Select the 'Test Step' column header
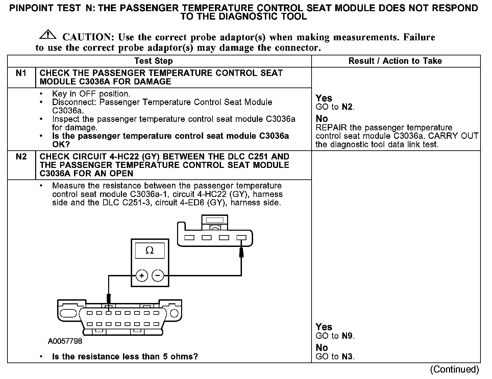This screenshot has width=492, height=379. [153, 61]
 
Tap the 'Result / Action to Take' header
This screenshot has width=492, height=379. [395, 61]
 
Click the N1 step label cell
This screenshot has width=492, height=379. [21, 73]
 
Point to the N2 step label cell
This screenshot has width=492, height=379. [21, 157]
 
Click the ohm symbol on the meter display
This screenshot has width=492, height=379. [149, 250]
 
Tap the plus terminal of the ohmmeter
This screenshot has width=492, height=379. [142, 276]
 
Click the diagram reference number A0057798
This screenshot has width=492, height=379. [65, 341]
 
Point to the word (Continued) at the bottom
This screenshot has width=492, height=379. [454, 369]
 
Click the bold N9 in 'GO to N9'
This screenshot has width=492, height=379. [347, 336]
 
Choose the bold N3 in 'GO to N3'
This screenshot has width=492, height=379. [347, 356]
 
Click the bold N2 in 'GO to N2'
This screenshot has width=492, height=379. [347, 107]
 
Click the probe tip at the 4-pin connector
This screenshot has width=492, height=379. [241, 252]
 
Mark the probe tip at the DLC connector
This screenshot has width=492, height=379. [108, 299]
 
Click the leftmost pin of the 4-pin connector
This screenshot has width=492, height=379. [189, 237]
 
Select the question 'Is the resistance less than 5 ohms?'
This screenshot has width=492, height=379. [125, 356]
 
